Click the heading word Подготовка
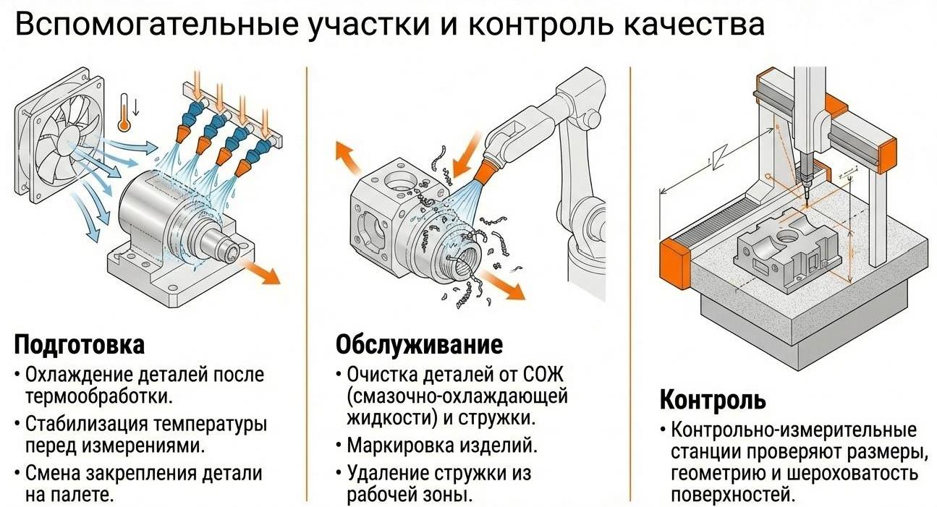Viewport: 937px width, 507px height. tap(80, 344)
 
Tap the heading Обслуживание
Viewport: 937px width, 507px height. tap(419, 344)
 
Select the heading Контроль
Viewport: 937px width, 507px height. tap(712, 399)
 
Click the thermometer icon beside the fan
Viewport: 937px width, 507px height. tap(125, 112)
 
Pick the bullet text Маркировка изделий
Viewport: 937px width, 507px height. tap(442, 443)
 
